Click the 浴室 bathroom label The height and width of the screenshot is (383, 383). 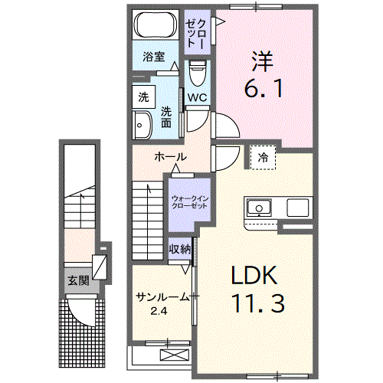(154, 56)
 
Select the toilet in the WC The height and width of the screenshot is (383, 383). (197, 75)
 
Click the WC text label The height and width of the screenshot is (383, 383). (197, 97)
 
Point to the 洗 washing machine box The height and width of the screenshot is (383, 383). (142, 97)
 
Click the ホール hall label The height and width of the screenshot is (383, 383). (170, 156)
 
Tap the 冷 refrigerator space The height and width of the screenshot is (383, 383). (264, 157)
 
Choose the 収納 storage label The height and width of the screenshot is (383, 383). (180, 250)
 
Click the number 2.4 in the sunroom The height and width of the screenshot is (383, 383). (159, 310)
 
